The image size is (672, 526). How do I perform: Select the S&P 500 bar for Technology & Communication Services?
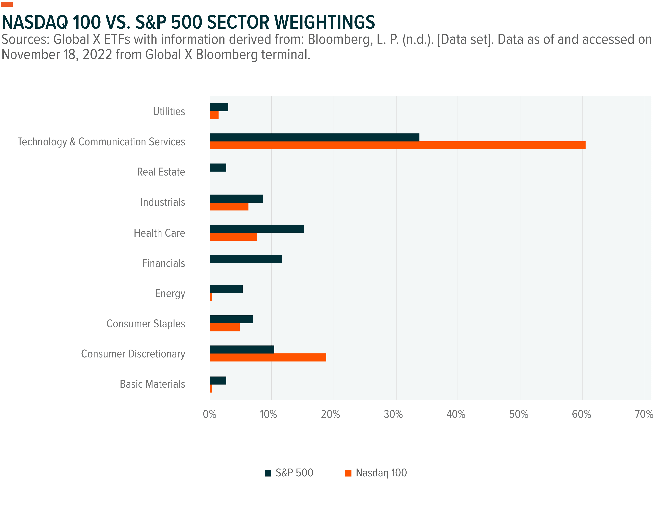[314, 137]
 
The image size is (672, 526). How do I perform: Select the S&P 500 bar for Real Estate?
[218, 168]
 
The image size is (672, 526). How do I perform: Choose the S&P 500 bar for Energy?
[226, 289]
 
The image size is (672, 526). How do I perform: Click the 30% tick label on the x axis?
[393, 415]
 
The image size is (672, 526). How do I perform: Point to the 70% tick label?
[644, 415]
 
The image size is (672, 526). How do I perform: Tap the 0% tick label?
[209, 415]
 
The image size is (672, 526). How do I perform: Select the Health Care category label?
[159, 233]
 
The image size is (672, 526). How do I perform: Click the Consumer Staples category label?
[146, 324]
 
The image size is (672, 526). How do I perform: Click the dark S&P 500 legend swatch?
[268, 473]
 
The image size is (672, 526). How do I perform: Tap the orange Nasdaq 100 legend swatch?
[348, 473]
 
